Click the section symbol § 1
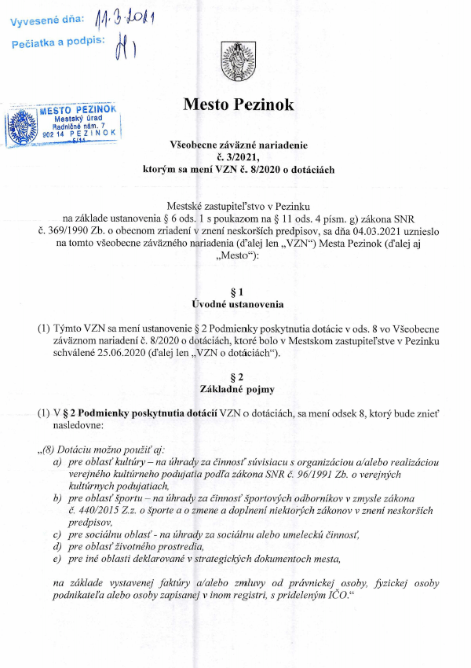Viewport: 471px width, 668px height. (x=235, y=292)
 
